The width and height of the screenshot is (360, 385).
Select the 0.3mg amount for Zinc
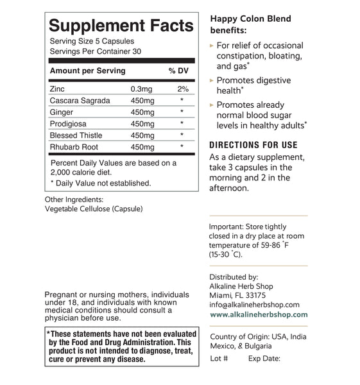tap(142, 89)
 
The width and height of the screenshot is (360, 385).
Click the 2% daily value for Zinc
tap(182, 89)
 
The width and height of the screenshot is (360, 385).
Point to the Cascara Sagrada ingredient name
tap(80, 100)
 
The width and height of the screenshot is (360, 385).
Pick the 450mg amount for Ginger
tap(142, 112)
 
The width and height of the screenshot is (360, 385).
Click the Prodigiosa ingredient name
tap(68, 123)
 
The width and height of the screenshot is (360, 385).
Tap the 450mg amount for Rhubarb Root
tap(142, 146)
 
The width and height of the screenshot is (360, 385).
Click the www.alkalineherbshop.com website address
tap(259, 314)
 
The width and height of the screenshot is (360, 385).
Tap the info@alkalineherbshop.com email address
tap(255, 304)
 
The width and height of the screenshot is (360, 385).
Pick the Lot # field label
tap(219, 358)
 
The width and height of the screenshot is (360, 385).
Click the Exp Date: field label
tap(264, 358)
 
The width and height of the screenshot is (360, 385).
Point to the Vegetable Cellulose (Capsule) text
tap(94, 209)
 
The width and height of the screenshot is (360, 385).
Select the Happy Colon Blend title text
tap(251, 19)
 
